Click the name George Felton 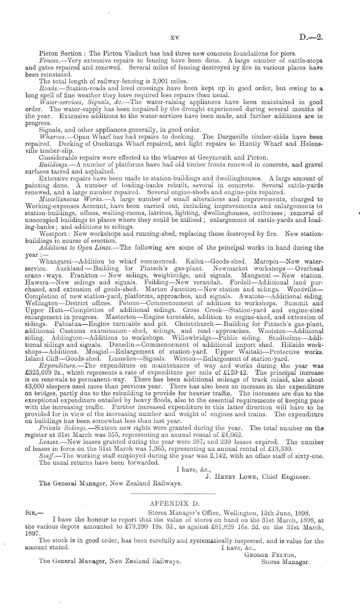(282, 555)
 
